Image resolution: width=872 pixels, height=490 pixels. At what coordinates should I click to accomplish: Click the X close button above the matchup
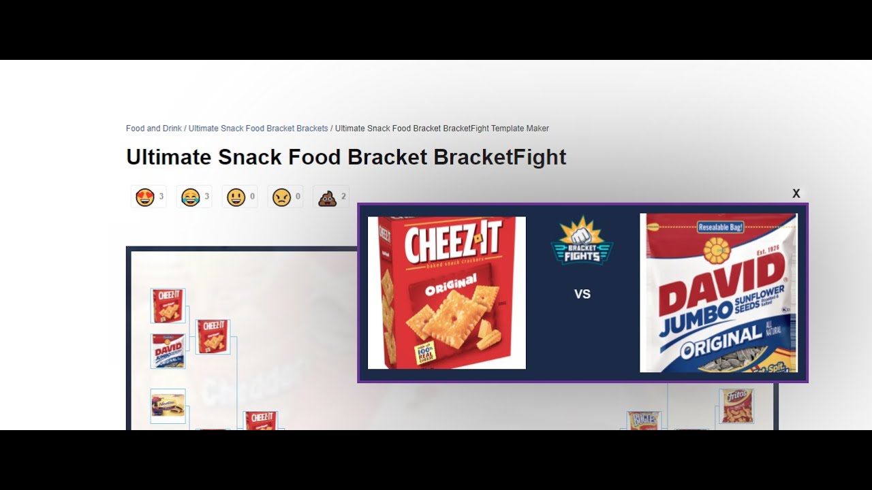tap(796, 193)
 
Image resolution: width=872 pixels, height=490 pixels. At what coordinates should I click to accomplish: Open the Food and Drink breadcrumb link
tap(153, 128)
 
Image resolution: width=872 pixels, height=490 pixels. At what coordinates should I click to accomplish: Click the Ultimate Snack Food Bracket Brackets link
tap(258, 128)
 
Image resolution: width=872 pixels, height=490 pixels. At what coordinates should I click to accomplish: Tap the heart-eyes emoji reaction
tap(145, 197)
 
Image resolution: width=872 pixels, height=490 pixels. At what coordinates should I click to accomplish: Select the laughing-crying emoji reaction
tap(190, 197)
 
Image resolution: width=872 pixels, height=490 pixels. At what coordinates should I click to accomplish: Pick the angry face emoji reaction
tap(281, 197)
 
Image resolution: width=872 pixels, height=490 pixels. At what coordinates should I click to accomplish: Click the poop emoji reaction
tap(327, 197)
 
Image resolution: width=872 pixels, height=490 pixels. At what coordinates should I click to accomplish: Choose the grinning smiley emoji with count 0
tap(236, 197)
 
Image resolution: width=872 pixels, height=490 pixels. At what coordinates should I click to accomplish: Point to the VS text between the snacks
tap(582, 294)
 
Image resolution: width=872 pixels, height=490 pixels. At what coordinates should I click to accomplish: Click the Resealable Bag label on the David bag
tap(720, 227)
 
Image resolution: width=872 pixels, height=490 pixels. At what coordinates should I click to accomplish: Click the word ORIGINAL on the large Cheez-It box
tap(451, 285)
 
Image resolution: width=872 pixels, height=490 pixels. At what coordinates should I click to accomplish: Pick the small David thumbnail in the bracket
tap(168, 351)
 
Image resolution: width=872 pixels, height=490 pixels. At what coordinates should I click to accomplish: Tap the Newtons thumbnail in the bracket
tap(168, 406)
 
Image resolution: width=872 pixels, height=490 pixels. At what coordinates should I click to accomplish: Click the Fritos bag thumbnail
tap(736, 406)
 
